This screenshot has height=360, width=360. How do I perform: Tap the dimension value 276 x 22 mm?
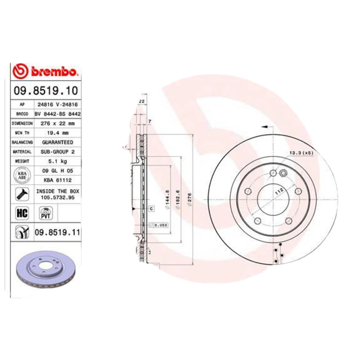click(58, 123)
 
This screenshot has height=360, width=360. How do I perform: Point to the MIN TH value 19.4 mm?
click(58, 133)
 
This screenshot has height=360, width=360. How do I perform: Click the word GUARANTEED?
click(58, 142)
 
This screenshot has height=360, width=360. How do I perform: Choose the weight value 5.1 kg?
click(58, 161)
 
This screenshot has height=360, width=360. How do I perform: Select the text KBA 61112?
click(58, 180)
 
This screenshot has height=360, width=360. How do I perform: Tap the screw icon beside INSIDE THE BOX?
click(21, 194)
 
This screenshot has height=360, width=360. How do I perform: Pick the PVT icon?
click(45, 213)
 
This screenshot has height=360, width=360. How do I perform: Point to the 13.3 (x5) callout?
click(301, 154)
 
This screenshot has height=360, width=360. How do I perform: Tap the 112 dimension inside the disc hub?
click(279, 191)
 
